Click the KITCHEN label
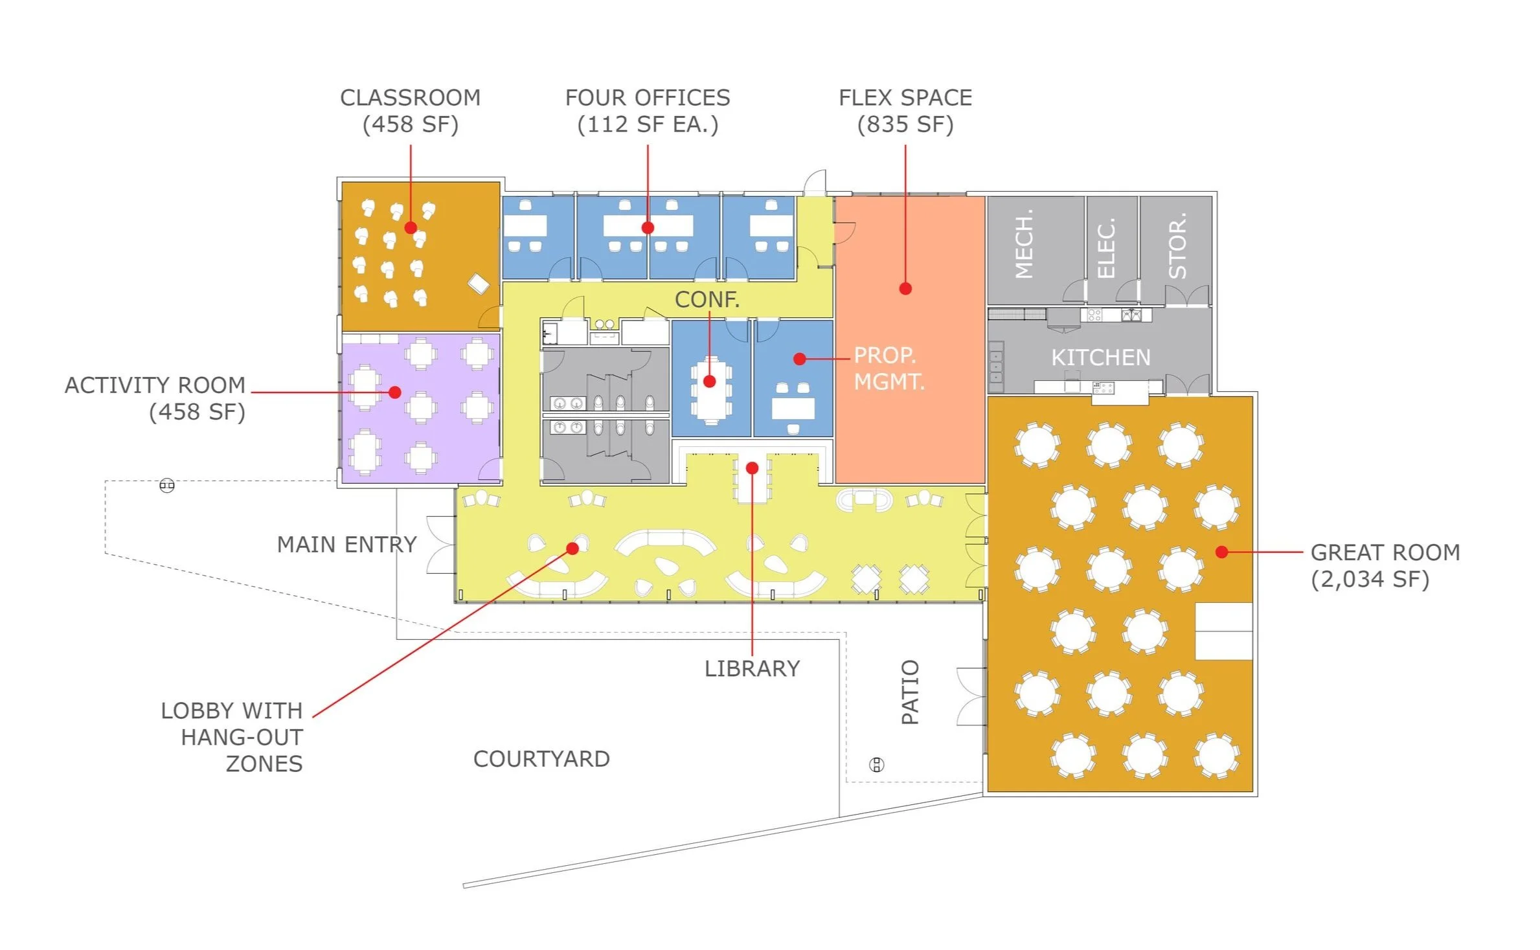(x=1100, y=357)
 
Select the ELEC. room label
(x=1106, y=249)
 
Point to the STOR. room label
(x=1177, y=246)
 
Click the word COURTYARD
(x=541, y=759)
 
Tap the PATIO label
(x=910, y=692)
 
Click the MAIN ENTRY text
(x=346, y=545)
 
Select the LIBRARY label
(x=752, y=669)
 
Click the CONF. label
(x=707, y=299)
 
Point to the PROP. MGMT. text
(x=889, y=368)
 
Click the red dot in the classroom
(x=411, y=228)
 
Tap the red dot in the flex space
(x=905, y=289)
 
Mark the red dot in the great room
(x=1221, y=552)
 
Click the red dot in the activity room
(x=395, y=392)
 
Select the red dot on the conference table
(x=709, y=382)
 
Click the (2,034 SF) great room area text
(x=1370, y=579)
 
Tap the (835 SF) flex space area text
(x=905, y=124)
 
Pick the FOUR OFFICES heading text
(x=648, y=98)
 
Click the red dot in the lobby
(x=572, y=549)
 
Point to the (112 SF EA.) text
(x=648, y=124)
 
